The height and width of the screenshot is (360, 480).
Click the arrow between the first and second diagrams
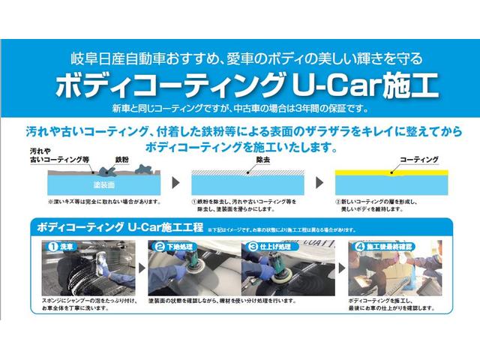(x=175, y=182)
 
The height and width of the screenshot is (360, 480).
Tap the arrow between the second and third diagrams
(x=320, y=182)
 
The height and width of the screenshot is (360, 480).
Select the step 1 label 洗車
(x=64, y=245)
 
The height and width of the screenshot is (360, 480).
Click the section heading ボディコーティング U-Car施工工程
(x=118, y=226)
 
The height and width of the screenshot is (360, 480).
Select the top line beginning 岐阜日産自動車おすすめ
(x=240, y=57)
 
